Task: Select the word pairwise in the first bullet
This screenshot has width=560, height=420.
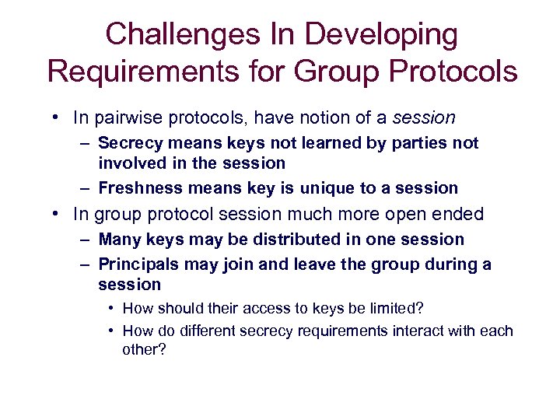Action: click(x=125, y=118)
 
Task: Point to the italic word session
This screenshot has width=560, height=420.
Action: click(x=424, y=118)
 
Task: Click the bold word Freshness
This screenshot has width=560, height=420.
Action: click(x=137, y=188)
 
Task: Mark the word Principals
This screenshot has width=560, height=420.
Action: click(x=137, y=264)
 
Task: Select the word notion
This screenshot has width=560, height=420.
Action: click(x=326, y=118)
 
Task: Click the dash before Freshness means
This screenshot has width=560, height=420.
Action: click(x=85, y=188)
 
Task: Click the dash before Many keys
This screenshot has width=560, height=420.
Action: click(x=85, y=240)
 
